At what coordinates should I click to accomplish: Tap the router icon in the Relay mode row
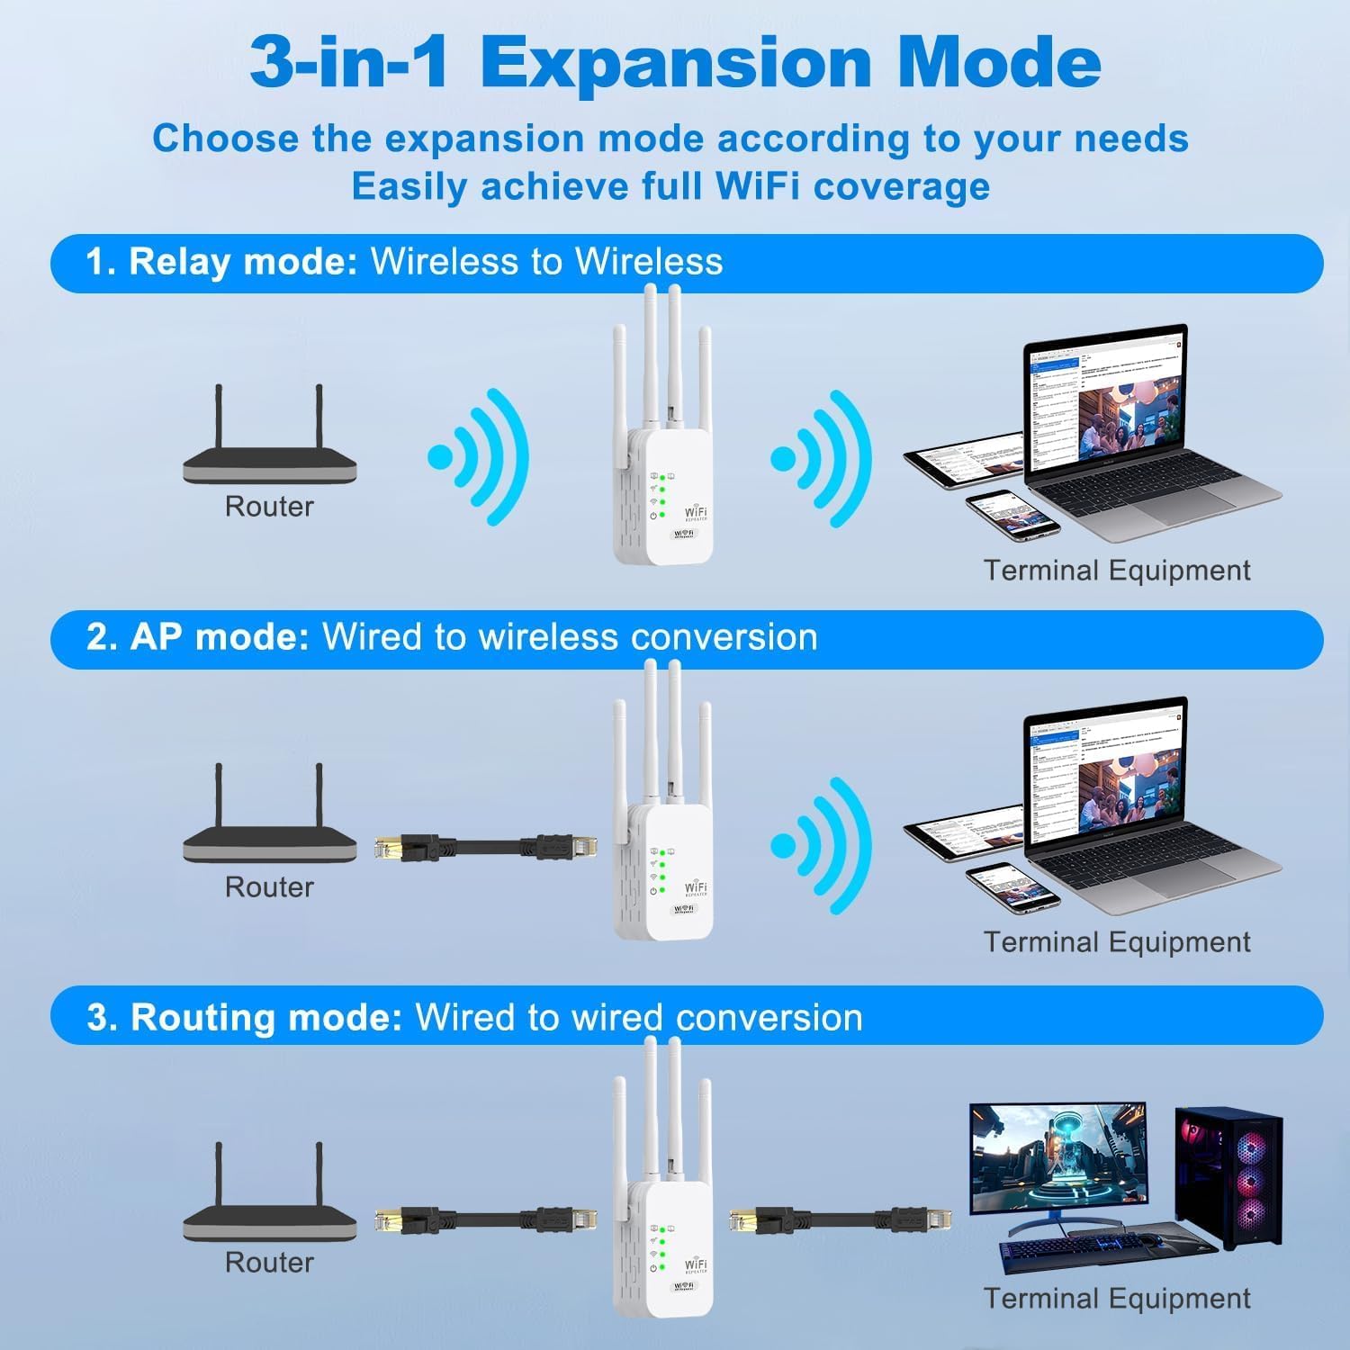coord(269,450)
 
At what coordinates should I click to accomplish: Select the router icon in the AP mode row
coord(269,828)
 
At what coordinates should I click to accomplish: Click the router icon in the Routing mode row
coord(269,1206)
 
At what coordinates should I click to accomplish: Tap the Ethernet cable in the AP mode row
coord(486,847)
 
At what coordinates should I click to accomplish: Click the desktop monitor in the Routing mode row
coord(1057,1161)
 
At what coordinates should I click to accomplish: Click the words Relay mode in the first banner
coord(243,262)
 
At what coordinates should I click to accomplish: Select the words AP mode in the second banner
coord(220,637)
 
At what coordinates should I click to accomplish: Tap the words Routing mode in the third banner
coord(265,1018)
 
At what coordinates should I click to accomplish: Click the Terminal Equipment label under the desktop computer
coord(1117,1299)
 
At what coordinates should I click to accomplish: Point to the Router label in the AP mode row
coord(269,887)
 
